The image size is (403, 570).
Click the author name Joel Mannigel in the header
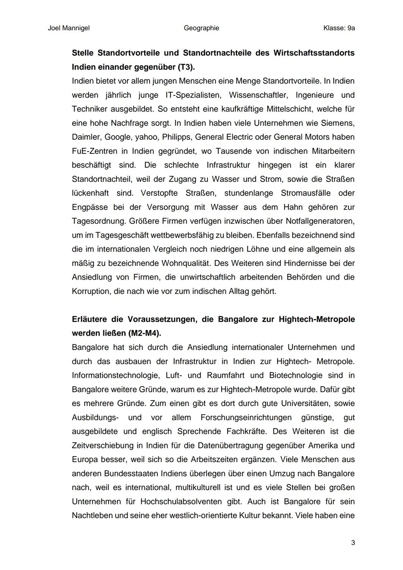tap(69, 28)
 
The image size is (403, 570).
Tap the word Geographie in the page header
tap(201, 28)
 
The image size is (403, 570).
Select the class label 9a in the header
tap(351, 28)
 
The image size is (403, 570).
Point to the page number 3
tap(353, 543)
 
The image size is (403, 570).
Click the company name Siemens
tap(338, 123)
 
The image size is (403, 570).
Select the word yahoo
tap(146, 137)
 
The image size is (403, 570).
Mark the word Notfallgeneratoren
tap(320, 221)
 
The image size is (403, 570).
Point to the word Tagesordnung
tap(98, 221)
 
